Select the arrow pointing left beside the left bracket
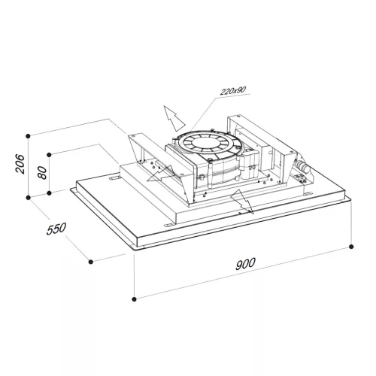pyautogui.click(x=156, y=177)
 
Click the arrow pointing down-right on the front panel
pyautogui.click(x=241, y=202)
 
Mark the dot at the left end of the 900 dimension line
pyautogui.click(x=135, y=298)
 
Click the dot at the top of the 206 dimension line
pyautogui.click(x=28, y=135)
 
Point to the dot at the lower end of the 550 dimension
pyautogui.click(x=90, y=262)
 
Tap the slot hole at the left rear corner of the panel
pyautogui.click(x=114, y=180)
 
